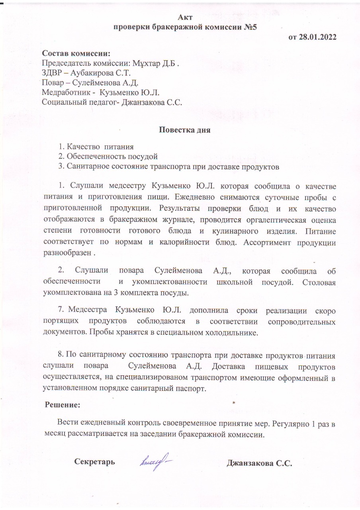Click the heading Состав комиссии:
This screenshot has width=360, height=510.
pyautogui.click(x=76, y=53)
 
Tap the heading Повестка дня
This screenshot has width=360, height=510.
pyautogui.click(x=185, y=129)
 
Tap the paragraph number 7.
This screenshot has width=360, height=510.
pyautogui.click(x=61, y=310)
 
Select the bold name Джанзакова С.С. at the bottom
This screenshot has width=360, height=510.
pyautogui.click(x=259, y=463)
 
